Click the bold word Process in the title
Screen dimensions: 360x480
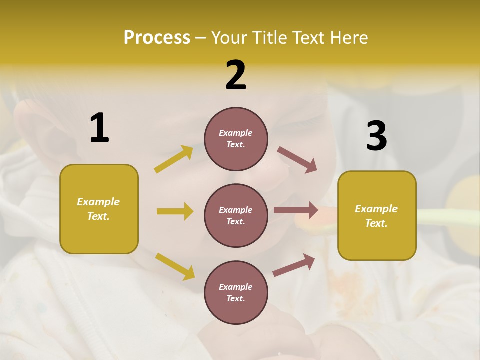[157, 38]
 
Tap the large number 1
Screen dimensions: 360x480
[99, 128]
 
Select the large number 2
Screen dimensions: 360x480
[236, 75]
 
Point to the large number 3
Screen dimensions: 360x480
[376, 136]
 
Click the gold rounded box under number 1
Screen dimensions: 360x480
[99, 235]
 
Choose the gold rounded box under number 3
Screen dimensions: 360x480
[377, 243]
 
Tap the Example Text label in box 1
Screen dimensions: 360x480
[98, 209]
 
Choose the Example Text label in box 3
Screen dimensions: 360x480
[376, 216]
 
